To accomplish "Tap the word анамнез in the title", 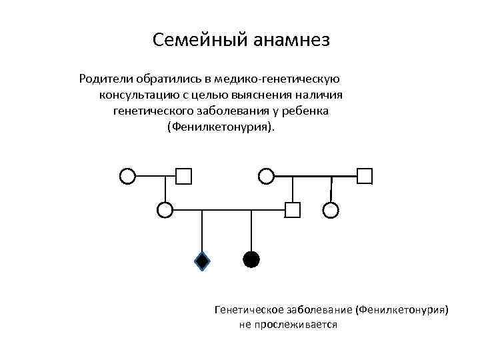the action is (291, 41).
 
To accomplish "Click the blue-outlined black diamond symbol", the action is (202, 260).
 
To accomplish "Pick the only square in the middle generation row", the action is (292, 210).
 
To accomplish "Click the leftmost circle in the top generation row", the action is (127, 176).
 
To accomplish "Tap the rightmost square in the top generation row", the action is (365, 176).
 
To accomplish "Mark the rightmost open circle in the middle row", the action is (331, 210).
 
